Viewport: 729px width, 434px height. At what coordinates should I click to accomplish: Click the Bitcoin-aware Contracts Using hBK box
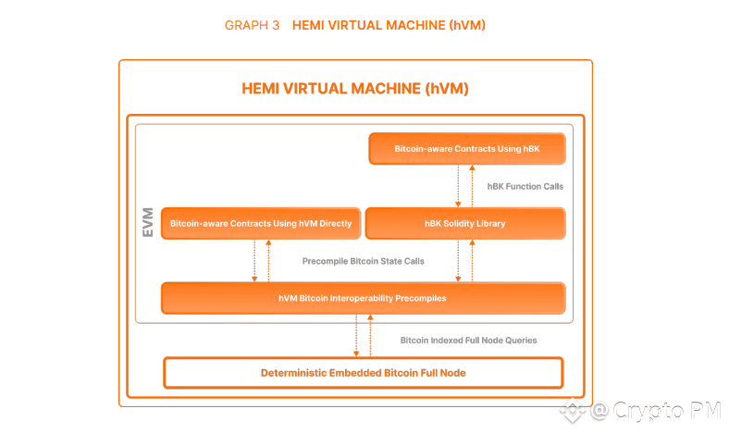466,148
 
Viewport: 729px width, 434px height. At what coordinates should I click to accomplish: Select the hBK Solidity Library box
464,224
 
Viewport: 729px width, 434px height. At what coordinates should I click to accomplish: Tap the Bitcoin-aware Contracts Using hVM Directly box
261,224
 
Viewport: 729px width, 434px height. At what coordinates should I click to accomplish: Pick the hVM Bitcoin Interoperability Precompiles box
363,298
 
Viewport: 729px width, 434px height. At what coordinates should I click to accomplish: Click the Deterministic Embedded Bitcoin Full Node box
363,372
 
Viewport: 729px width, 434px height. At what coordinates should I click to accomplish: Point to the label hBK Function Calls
525,186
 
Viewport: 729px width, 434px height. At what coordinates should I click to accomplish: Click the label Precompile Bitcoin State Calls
363,261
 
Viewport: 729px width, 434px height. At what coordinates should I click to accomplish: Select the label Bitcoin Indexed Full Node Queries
468,340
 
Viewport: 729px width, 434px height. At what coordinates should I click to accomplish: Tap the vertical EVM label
148,223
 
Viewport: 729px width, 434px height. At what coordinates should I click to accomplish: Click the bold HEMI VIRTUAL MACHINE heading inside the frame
355,89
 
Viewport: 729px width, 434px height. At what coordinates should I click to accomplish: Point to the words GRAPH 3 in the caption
252,25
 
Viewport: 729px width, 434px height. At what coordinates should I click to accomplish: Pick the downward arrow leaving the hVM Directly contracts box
254,261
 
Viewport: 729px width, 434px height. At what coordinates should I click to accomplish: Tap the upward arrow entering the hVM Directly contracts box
268,261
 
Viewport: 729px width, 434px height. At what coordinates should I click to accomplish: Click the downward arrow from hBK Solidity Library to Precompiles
458,261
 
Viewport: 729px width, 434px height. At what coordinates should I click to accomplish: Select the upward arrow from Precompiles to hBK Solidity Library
472,261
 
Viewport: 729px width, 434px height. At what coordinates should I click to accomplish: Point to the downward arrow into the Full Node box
356,335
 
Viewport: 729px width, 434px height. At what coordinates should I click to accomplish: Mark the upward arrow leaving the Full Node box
370,335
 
